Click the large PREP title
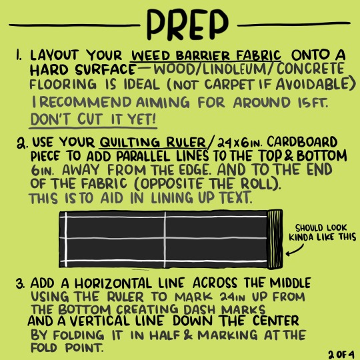187,25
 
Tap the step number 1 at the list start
19,55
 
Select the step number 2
22,143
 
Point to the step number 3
21,284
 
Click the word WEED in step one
151,55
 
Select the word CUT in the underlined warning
90,119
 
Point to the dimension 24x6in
239,143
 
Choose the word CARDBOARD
302,142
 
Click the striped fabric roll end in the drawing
275,239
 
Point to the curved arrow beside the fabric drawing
295,250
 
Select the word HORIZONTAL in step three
113,283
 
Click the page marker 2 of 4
341,354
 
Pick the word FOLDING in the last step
79,335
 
